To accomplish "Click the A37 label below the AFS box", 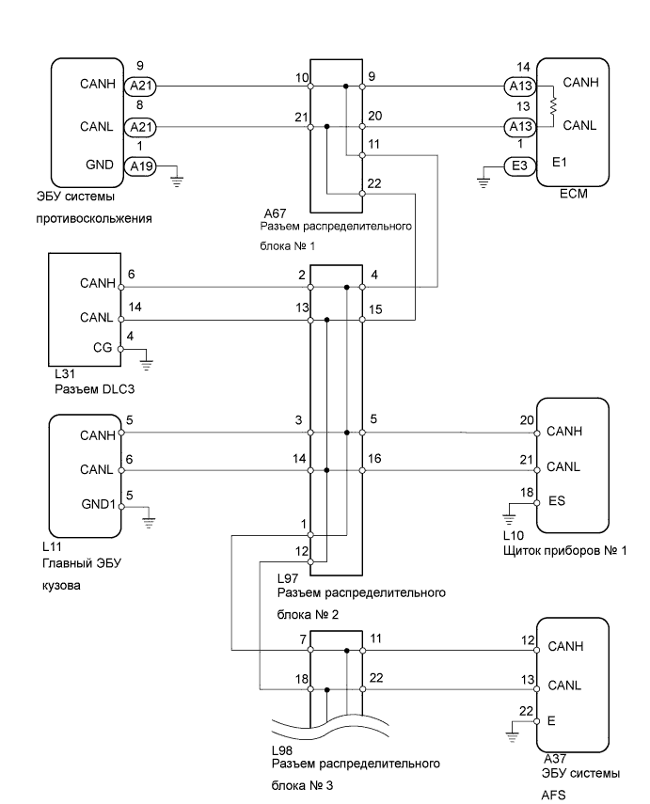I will click(555, 758).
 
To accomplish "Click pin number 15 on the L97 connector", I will click(374, 308).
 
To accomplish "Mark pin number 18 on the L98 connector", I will click(302, 679).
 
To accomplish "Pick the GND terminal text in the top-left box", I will click(99, 165).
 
